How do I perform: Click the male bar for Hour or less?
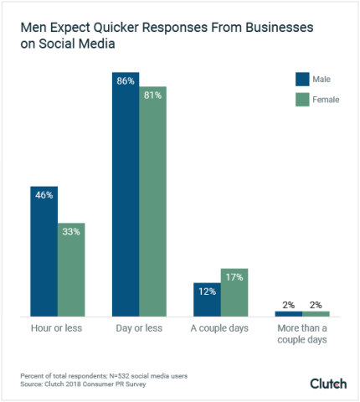pyautogui.click(x=44, y=250)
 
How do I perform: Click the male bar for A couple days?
pyautogui.click(x=207, y=300)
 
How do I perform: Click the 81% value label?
pyautogui.click(x=153, y=95)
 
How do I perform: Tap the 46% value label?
pyautogui.click(x=44, y=195)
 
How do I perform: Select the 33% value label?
pyautogui.click(x=71, y=232)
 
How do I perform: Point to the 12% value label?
pyautogui.click(x=207, y=291)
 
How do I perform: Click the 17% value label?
pyautogui.click(x=234, y=277)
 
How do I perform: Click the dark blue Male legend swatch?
pyautogui.click(x=303, y=80)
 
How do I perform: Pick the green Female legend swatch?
pyautogui.click(x=303, y=101)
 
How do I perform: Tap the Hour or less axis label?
pyautogui.click(x=58, y=328)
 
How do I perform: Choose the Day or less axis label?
pyautogui.click(x=139, y=328)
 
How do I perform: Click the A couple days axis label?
pyautogui.click(x=220, y=328)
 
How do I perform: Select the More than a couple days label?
pyautogui.click(x=302, y=334)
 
